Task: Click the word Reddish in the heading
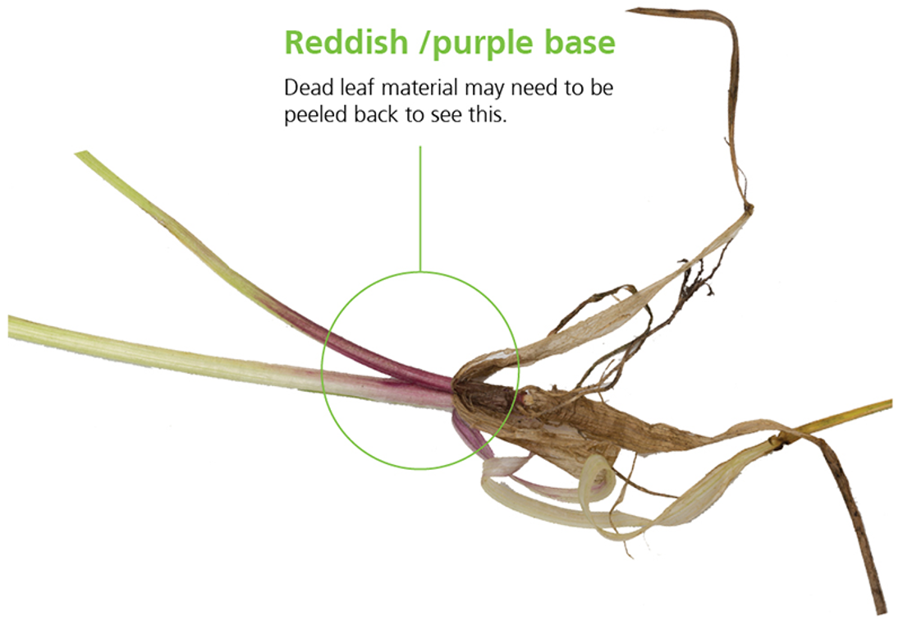pyautogui.click(x=344, y=43)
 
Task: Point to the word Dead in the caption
pyautogui.click(x=304, y=88)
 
